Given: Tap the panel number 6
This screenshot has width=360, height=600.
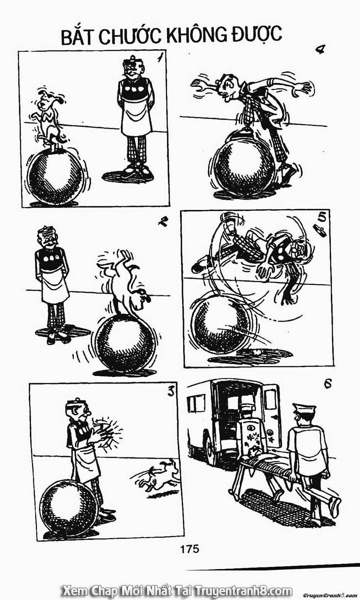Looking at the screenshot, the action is click(x=328, y=391).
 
